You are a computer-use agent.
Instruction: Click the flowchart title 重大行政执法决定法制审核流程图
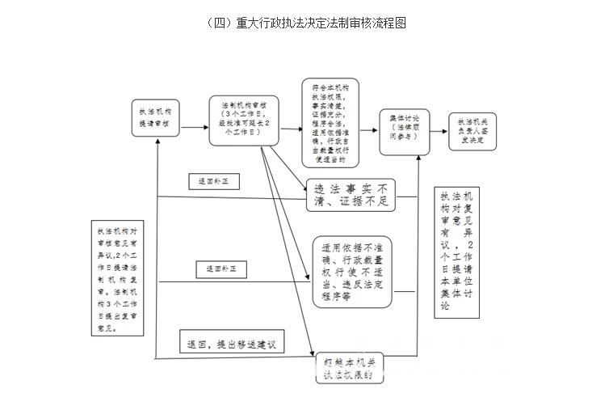pyautogui.click(x=305, y=23)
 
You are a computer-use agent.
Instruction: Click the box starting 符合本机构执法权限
pyautogui.click(x=330, y=121)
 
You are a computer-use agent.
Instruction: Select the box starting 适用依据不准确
pyautogui.click(x=352, y=272)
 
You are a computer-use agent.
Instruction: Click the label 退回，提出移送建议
pyautogui.click(x=231, y=343)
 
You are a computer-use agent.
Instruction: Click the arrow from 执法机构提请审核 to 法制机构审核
pyautogui.click(x=194, y=126)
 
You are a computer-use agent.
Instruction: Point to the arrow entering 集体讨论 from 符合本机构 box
pyautogui.click(x=369, y=125)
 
